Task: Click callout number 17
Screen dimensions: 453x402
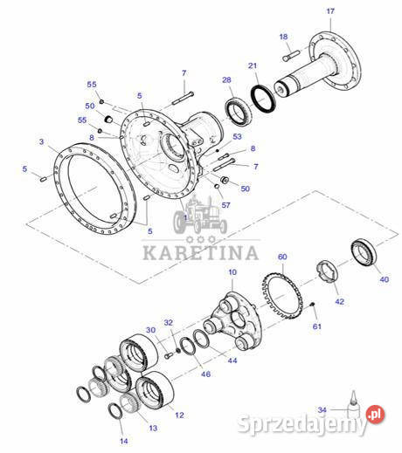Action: click(x=329, y=10)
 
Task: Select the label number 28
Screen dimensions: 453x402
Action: click(x=226, y=80)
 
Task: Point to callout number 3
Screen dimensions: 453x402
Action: click(x=41, y=141)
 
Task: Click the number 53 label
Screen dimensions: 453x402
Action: click(x=236, y=136)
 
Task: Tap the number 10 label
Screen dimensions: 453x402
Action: click(x=232, y=273)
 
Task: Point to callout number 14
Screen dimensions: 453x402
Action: click(x=123, y=443)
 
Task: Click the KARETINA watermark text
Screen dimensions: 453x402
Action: click(x=201, y=254)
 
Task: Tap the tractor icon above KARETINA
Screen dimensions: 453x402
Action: click(x=201, y=218)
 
